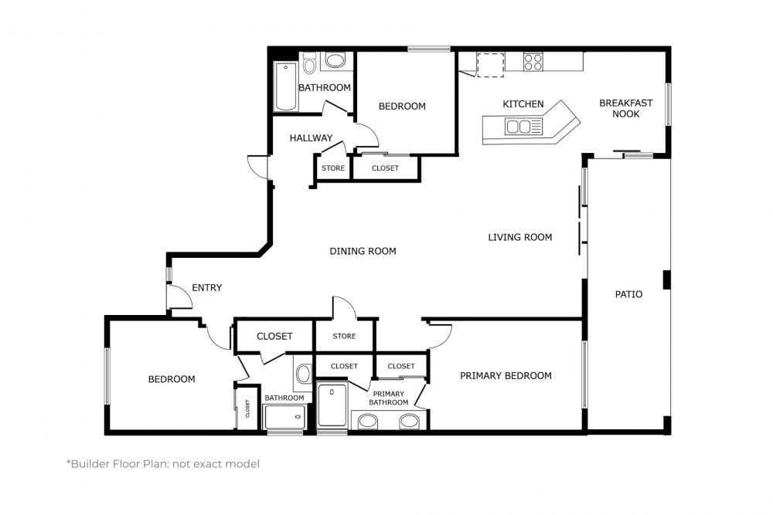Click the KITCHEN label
(x=523, y=104)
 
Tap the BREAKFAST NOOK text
(x=625, y=108)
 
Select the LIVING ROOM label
(x=519, y=237)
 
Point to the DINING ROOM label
(x=363, y=251)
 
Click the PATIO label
(x=628, y=294)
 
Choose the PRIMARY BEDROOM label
(x=506, y=376)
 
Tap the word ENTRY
(x=206, y=288)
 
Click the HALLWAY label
(x=311, y=138)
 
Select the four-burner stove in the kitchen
(x=533, y=62)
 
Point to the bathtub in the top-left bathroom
(x=285, y=86)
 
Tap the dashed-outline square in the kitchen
(x=490, y=64)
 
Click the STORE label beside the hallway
(x=333, y=168)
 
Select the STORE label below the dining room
(x=344, y=336)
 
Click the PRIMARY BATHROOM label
(x=388, y=398)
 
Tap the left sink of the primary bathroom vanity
(x=368, y=421)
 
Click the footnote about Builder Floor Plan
(x=162, y=464)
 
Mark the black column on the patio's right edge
(x=666, y=280)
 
